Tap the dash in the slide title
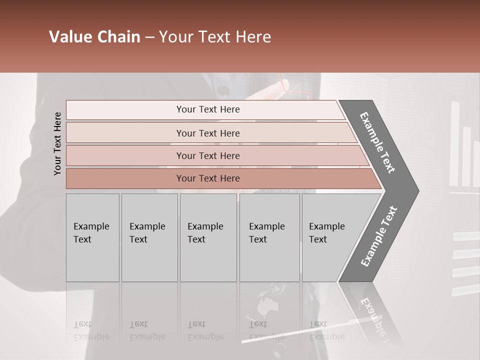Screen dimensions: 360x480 [x=149, y=37]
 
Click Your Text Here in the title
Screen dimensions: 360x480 [x=215, y=37]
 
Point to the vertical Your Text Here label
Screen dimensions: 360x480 [x=57, y=143]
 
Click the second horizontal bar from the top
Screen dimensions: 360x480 [x=208, y=133]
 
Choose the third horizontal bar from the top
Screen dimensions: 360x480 [x=208, y=155]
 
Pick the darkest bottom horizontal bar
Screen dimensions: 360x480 [x=208, y=178]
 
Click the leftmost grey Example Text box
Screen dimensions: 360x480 [x=92, y=237]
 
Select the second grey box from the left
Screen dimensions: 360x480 [x=149, y=237]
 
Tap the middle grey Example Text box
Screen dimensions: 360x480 [x=208, y=237]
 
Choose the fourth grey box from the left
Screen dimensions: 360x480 [x=269, y=237]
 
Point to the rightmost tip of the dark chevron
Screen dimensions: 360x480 [x=418, y=190]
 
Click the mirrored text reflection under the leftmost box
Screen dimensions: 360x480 [x=91, y=331]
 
